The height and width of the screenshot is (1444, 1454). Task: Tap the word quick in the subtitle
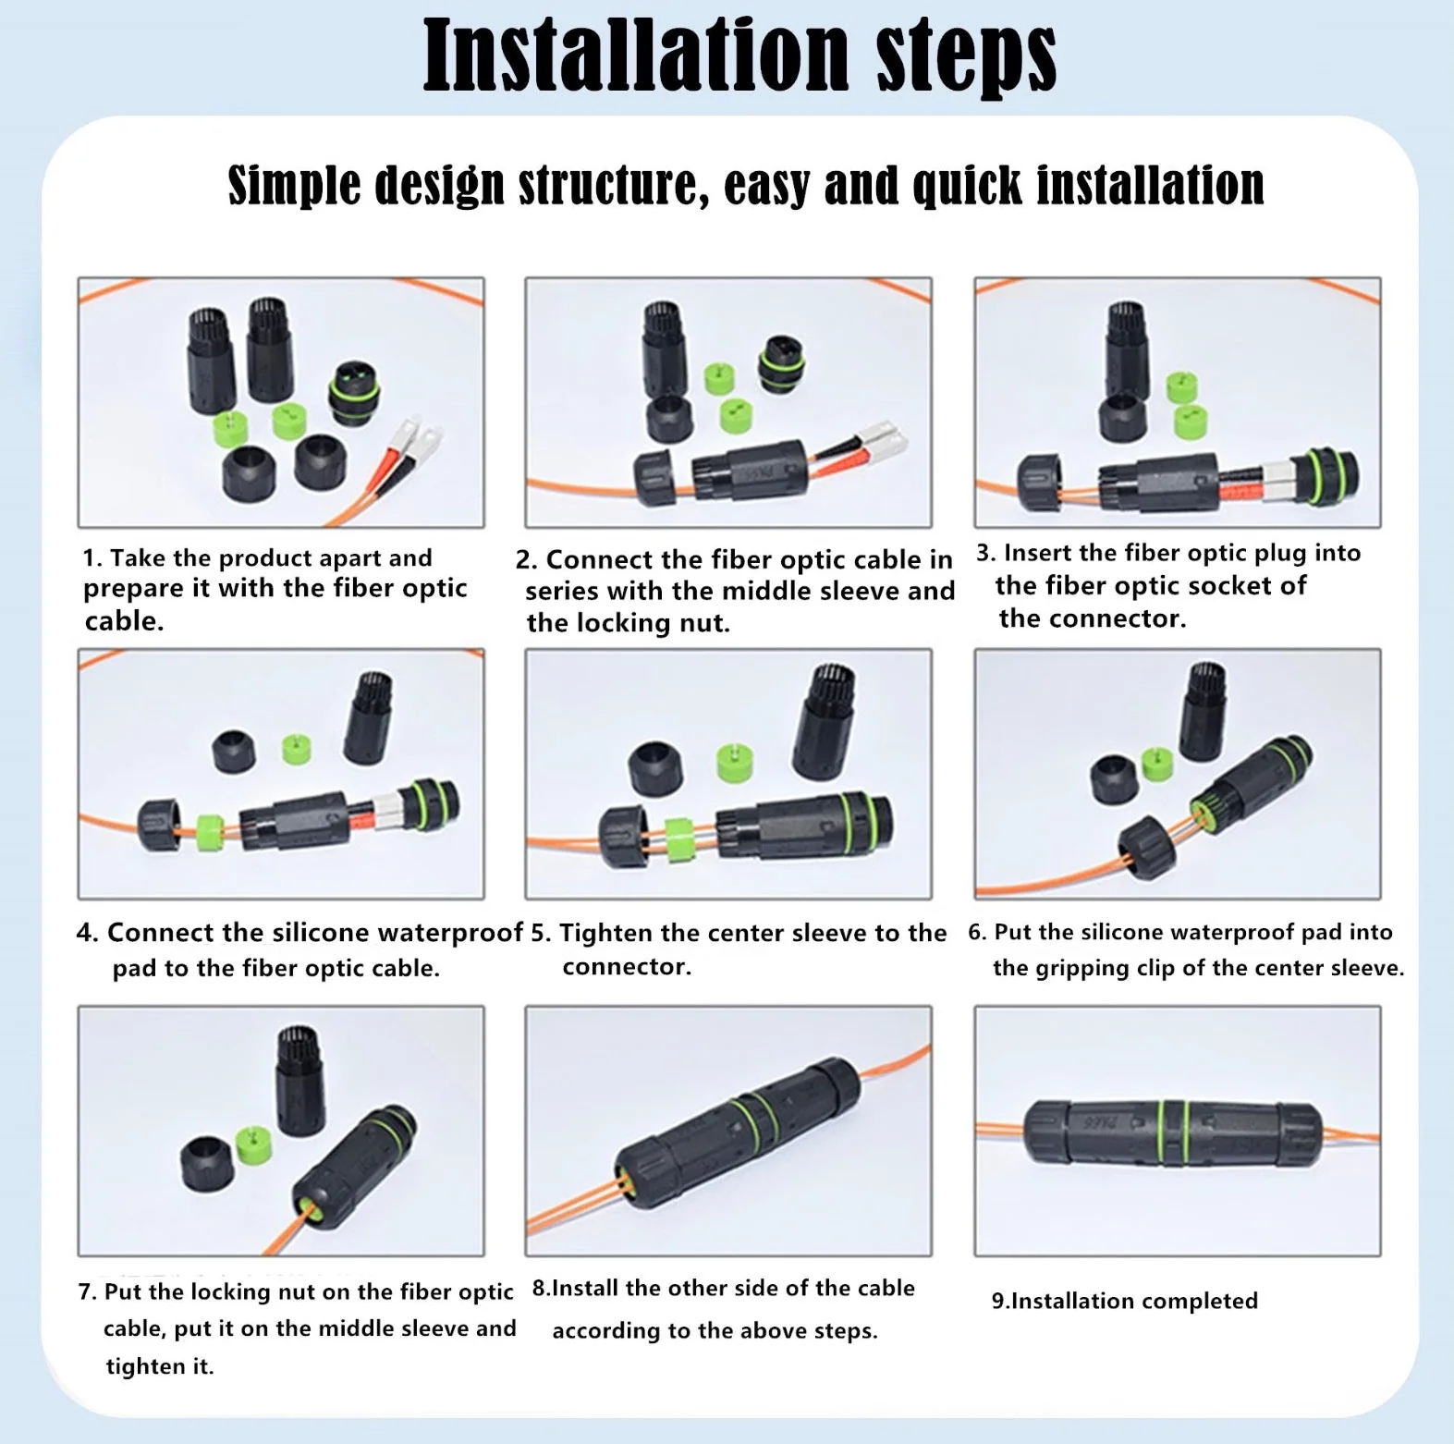pyautogui.click(x=967, y=186)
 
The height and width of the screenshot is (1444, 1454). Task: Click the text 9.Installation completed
pyautogui.click(x=1124, y=1301)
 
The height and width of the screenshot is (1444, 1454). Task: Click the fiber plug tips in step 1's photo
pyautogui.click(x=416, y=433)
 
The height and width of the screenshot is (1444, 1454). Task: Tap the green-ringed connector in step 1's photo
pyautogui.click(x=352, y=392)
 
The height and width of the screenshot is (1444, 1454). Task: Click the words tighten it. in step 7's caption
pyautogui.click(x=160, y=1366)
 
